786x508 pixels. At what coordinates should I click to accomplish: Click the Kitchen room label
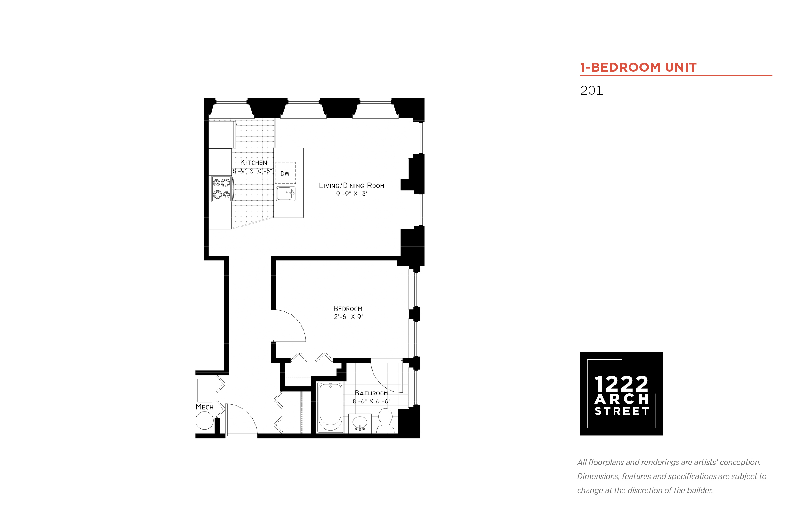click(x=253, y=163)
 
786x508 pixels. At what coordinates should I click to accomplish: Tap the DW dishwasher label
click(x=285, y=173)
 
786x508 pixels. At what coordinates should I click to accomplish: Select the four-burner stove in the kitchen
click(x=221, y=189)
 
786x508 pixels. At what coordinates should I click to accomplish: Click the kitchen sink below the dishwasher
click(x=285, y=194)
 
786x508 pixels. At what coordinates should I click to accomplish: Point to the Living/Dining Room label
click(x=351, y=186)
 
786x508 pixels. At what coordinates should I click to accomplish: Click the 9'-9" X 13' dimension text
click(x=352, y=194)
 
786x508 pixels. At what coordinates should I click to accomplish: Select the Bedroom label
click(x=348, y=309)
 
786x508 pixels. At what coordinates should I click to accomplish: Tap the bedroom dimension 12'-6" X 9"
click(x=348, y=317)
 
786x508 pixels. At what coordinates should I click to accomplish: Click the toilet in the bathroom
click(x=385, y=420)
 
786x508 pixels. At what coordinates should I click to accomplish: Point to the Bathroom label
click(x=371, y=393)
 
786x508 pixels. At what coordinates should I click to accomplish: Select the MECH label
click(x=205, y=407)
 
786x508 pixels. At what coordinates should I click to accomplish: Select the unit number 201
click(x=591, y=91)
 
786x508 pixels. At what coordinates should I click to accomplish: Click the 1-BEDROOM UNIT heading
click(x=638, y=67)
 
